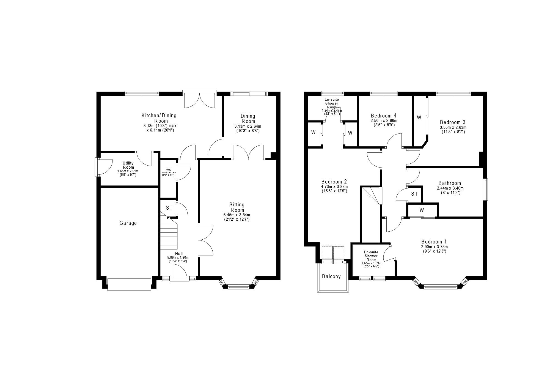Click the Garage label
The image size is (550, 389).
click(128, 223)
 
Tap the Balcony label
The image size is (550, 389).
click(331, 276)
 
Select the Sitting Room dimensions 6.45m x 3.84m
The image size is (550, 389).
click(237, 215)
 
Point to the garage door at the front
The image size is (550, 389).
click(129, 284)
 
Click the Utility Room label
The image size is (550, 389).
click(128, 165)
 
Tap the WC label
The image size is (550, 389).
click(169, 170)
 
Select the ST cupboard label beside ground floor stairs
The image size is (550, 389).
click(169, 208)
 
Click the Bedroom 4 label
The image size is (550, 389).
click(383, 116)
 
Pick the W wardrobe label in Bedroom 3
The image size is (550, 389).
click(419, 118)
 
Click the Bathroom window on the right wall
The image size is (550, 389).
click(486, 190)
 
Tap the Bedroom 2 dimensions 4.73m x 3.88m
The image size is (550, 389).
click(334, 186)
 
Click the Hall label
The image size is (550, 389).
click(179, 254)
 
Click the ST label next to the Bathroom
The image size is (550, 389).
click(414, 194)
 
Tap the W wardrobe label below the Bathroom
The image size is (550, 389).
click(422, 210)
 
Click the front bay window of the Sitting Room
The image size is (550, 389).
click(238, 287)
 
